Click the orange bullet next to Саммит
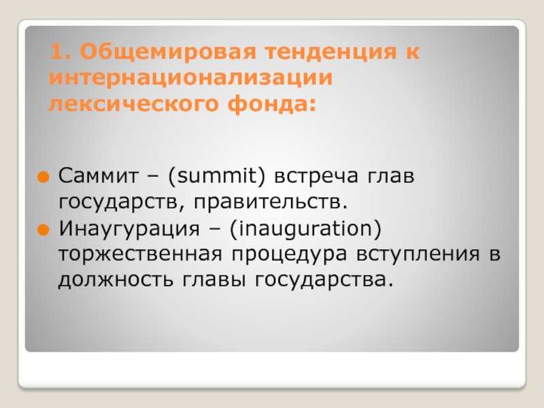[44, 177]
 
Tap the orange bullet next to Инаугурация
[44, 230]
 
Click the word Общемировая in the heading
[168, 52]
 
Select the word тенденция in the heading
[330, 52]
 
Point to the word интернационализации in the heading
[190, 78]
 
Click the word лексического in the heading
[133, 104]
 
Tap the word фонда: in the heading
[272, 103]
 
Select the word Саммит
[99, 176]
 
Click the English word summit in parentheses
[216, 176]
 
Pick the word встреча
[316, 176]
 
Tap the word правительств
[270, 202]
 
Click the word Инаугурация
[129, 229]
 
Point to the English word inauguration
[305, 228]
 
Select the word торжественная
[140, 254]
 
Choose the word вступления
[418, 254]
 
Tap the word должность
[116, 280]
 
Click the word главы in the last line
[214, 280]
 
